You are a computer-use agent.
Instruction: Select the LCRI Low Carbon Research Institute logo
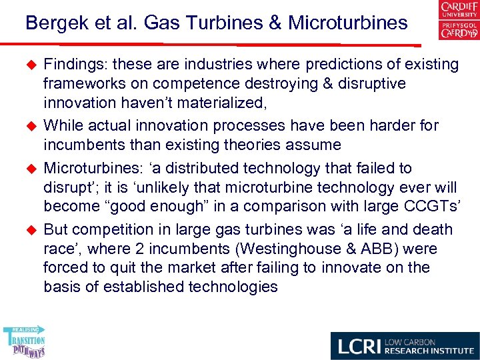(x=404, y=345)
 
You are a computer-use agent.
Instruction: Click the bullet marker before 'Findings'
(x=29, y=65)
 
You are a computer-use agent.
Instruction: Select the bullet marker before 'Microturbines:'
(x=29, y=168)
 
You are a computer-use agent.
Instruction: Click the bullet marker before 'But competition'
(x=29, y=230)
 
